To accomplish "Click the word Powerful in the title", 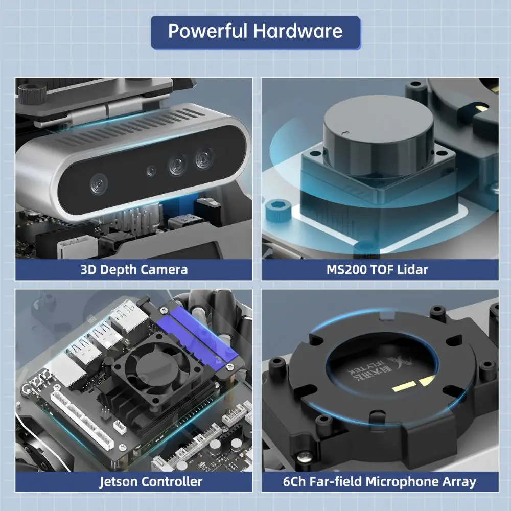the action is (x=207, y=31).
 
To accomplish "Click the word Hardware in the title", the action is (x=298, y=31).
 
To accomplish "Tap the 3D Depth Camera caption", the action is (x=134, y=270).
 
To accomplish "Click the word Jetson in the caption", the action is (x=119, y=482).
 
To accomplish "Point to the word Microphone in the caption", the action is (x=402, y=482).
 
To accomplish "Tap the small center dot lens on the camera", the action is (x=151, y=171).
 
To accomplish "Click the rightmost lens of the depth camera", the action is (x=204, y=158).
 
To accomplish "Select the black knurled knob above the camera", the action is (x=32, y=94).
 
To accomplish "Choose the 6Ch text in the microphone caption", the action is (x=294, y=482).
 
